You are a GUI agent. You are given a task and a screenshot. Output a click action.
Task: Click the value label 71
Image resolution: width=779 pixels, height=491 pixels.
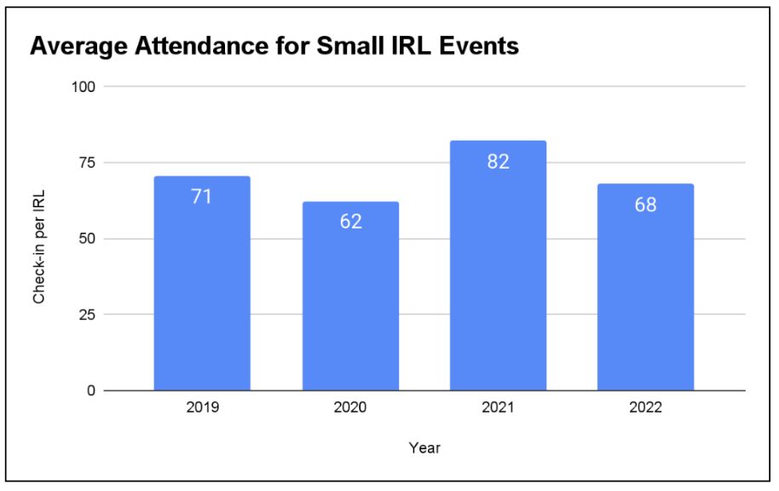point(202,196)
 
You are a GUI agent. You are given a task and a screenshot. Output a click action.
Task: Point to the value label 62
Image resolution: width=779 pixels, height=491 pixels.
point(350,222)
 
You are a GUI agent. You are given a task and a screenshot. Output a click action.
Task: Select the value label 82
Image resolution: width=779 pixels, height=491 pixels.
point(498,161)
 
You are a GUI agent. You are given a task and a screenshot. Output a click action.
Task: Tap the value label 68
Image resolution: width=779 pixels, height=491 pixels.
point(645,205)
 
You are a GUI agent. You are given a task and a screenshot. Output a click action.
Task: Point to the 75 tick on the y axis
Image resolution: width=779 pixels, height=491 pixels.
point(87,163)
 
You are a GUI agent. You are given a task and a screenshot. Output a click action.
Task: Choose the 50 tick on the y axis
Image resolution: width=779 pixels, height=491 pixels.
point(87,239)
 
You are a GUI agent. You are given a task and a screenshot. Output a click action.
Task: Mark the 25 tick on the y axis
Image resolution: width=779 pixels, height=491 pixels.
point(87,315)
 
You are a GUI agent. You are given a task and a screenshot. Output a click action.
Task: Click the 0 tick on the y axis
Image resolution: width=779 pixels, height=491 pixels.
point(91,390)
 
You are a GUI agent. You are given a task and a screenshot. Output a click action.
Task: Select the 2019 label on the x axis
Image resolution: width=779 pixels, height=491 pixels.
point(202,408)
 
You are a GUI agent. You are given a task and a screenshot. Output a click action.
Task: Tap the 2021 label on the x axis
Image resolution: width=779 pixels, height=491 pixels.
point(498,408)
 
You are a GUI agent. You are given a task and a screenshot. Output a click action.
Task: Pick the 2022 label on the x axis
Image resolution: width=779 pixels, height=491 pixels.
point(645,408)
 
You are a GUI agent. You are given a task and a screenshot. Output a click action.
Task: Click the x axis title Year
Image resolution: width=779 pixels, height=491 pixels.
point(424,447)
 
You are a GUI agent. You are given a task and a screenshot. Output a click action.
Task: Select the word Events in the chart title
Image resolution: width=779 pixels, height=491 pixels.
point(477,46)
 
